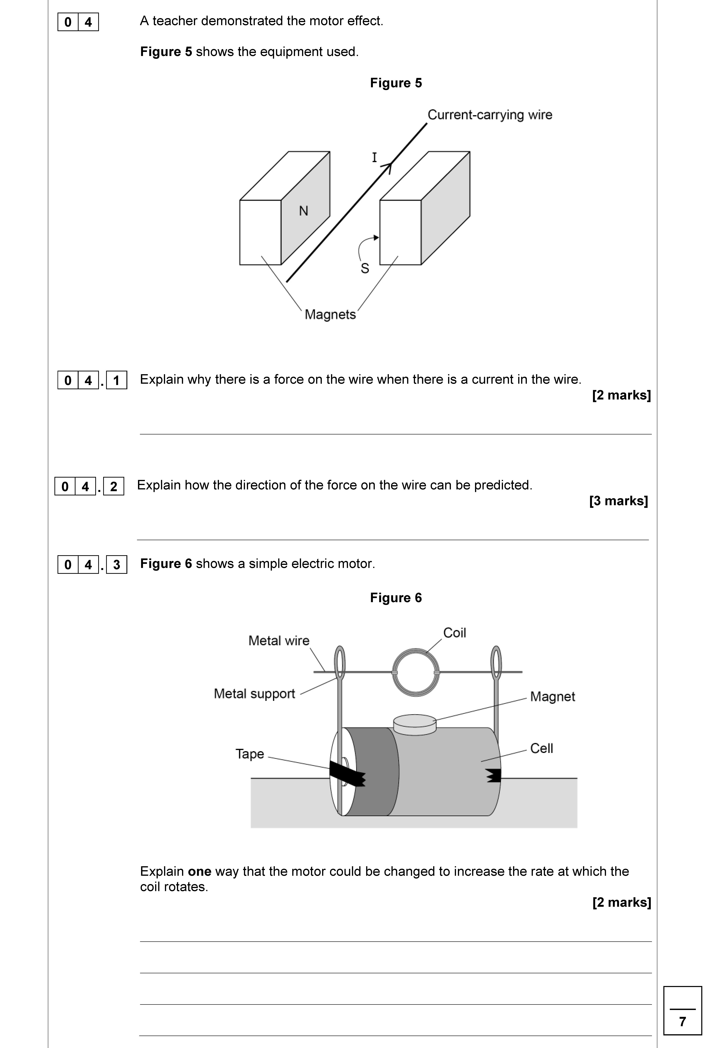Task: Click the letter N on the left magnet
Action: coord(303,211)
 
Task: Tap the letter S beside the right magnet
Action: coord(365,269)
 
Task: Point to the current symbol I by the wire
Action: coord(374,158)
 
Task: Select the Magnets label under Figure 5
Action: coord(330,315)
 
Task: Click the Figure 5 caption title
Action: coord(396,83)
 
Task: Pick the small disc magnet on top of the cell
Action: coord(414,724)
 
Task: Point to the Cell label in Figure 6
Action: coord(541,748)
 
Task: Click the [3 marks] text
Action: coord(618,501)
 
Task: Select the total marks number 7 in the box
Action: coord(682,1022)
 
